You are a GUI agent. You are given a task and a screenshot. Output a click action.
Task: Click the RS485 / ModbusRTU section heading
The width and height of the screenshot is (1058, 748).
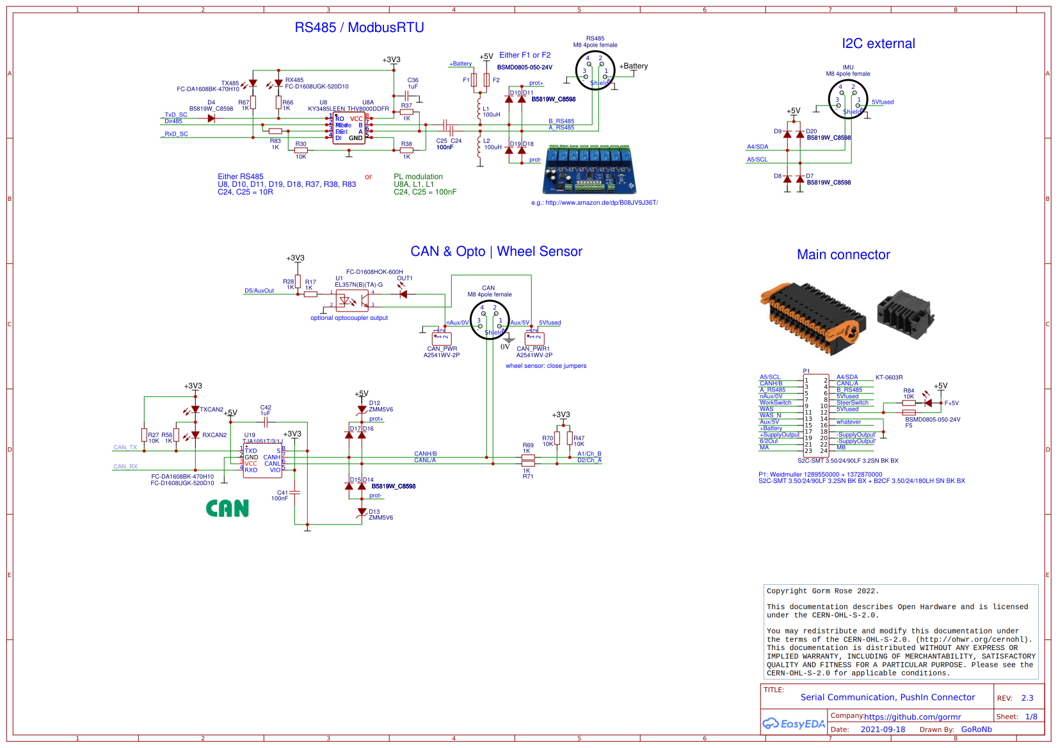(x=359, y=28)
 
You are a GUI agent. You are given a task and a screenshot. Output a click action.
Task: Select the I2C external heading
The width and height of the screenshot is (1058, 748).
(x=878, y=44)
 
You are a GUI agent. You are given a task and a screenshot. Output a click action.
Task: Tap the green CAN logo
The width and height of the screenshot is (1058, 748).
(x=227, y=509)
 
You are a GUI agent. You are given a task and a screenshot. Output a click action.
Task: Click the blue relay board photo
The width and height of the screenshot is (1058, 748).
(x=589, y=170)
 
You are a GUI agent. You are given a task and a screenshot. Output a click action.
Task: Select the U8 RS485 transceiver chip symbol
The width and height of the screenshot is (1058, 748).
(x=349, y=128)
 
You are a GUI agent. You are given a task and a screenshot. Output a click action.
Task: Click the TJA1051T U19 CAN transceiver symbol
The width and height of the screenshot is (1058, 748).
(x=262, y=459)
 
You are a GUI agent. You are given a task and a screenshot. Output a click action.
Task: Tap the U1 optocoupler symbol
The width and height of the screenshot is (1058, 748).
(x=351, y=300)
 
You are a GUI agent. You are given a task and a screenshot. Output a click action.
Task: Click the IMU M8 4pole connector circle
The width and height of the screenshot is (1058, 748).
(x=847, y=99)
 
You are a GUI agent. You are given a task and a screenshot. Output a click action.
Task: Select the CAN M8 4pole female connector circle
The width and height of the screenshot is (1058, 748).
(x=490, y=320)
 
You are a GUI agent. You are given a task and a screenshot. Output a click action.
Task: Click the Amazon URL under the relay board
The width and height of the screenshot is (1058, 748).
(x=594, y=203)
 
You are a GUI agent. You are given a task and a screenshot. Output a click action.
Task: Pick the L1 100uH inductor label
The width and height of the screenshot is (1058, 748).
(x=491, y=112)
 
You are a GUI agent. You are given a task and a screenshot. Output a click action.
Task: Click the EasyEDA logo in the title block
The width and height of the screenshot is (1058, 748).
(x=794, y=724)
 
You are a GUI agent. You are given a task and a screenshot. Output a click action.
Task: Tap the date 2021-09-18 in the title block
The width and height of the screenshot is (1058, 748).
(x=883, y=729)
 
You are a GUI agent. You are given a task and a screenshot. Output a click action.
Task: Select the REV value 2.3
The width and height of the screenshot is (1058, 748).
(x=1027, y=698)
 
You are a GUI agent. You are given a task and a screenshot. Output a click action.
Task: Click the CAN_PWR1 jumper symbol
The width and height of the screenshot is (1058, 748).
(x=534, y=338)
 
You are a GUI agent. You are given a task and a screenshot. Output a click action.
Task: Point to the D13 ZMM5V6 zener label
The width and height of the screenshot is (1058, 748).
(x=380, y=515)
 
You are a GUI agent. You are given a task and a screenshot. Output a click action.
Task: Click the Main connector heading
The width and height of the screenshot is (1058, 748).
(x=843, y=255)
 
